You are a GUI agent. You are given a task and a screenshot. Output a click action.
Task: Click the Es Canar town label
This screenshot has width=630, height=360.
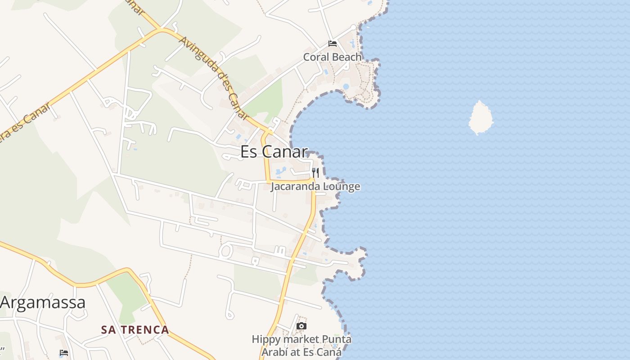[274, 152]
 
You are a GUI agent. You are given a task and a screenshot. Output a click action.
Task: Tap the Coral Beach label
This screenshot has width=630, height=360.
[333, 57]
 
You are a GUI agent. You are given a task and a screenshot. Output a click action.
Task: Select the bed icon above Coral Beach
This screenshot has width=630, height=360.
[333, 44]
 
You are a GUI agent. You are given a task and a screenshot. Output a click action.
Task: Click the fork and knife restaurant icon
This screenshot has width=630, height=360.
[315, 173]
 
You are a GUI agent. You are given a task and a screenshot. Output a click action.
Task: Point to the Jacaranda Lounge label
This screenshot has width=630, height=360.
[315, 186]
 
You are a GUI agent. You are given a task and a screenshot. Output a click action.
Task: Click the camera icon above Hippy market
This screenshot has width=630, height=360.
[301, 326]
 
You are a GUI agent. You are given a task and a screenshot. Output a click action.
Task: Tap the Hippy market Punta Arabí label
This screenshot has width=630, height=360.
[301, 346]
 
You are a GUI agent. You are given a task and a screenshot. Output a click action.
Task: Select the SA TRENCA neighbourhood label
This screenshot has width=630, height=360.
[135, 330]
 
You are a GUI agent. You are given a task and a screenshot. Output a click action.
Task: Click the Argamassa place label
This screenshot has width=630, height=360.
[43, 302]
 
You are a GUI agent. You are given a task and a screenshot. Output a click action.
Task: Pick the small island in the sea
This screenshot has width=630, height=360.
[481, 118]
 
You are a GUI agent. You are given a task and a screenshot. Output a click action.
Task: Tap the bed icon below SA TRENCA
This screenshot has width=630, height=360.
[64, 353]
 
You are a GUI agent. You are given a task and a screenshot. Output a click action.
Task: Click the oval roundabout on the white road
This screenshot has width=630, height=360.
[226, 251]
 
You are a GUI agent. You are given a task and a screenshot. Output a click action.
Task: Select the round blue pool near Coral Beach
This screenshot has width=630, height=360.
[346, 86]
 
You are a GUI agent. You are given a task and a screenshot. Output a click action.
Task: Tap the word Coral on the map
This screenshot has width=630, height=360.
[316, 57]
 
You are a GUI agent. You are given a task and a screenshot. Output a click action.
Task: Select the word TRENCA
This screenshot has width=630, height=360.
[145, 330]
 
